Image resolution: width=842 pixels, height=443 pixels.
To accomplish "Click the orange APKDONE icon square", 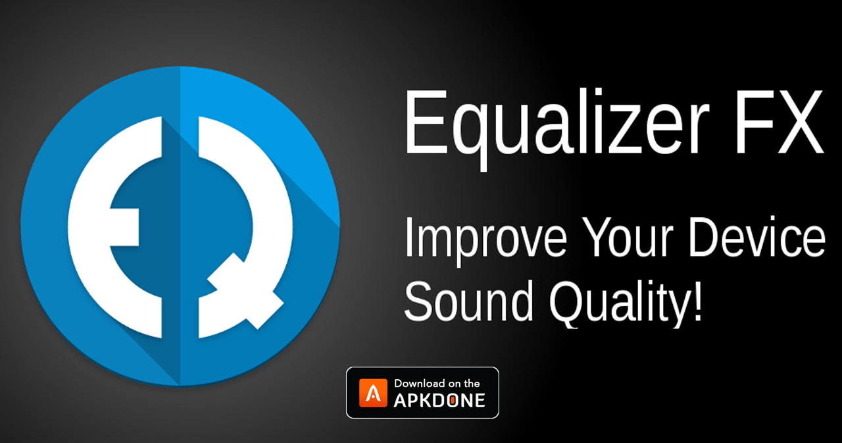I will click(372, 392).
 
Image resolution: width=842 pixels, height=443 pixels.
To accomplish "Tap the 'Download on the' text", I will click(437, 383).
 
